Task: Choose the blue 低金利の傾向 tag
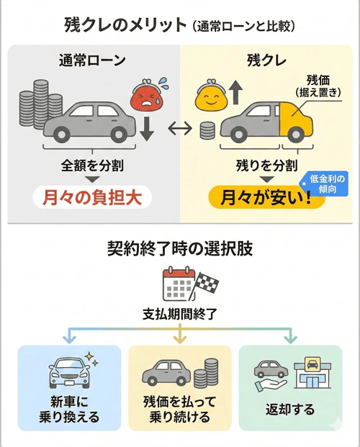(x=327, y=182)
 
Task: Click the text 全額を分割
(x=92, y=165)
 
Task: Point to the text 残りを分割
(x=263, y=165)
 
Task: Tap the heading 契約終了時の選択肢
(x=180, y=249)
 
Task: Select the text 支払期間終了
(x=179, y=315)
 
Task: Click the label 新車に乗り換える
(x=69, y=410)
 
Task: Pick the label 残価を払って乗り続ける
(x=180, y=410)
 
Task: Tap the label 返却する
(x=290, y=410)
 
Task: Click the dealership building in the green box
(x=314, y=372)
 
